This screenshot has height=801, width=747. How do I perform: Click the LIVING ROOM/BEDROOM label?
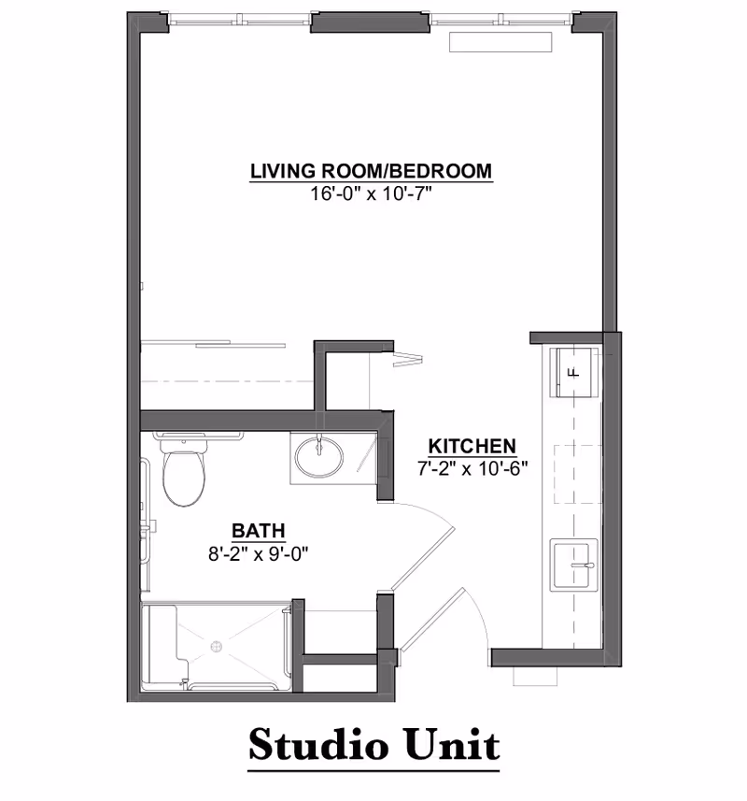[x=371, y=171]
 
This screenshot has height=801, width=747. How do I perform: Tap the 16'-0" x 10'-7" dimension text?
[x=371, y=194]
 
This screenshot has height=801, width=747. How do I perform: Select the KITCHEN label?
[x=472, y=446]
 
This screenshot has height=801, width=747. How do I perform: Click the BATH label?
[x=259, y=530]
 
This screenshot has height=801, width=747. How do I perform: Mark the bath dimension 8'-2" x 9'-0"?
[x=259, y=552]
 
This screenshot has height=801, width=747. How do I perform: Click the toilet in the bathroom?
[x=183, y=474]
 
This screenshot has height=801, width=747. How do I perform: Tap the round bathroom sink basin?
[x=319, y=457]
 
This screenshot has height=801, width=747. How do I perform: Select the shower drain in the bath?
[x=218, y=645]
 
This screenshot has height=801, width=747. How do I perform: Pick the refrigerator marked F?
[x=573, y=370]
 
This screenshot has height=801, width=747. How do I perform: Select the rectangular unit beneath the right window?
[x=502, y=43]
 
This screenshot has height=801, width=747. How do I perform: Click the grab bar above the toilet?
[x=199, y=435]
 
